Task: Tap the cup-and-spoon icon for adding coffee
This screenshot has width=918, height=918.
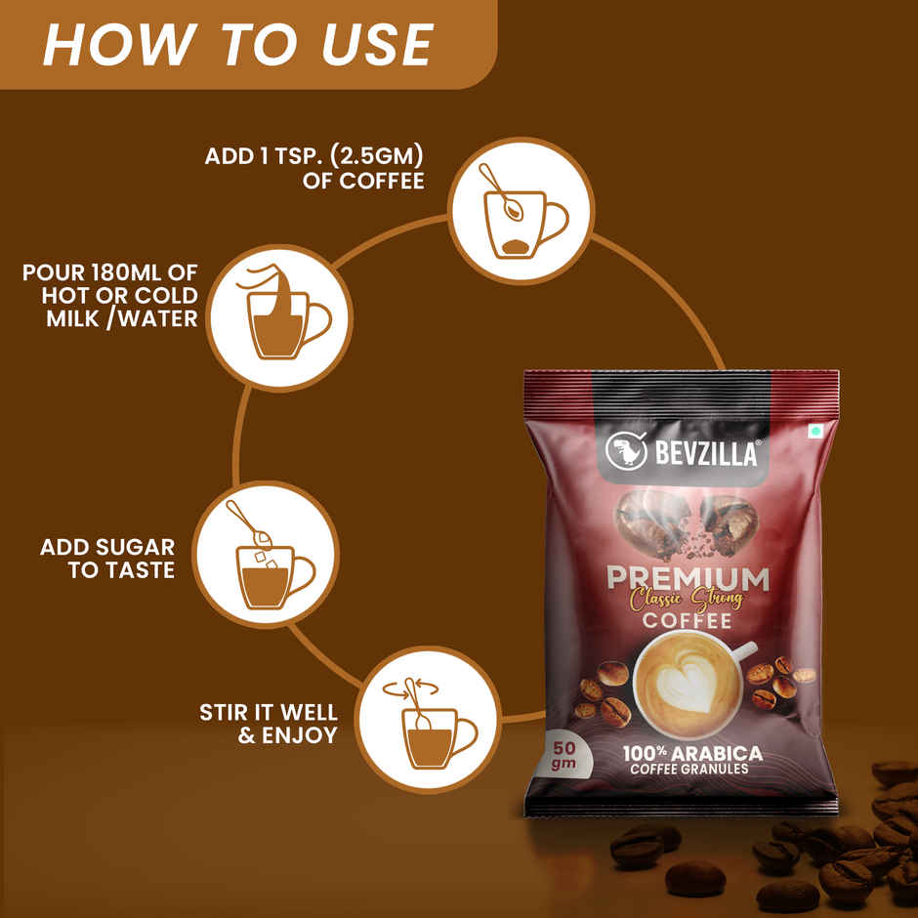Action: [521, 211]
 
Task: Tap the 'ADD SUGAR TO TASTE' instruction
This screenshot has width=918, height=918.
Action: [107, 559]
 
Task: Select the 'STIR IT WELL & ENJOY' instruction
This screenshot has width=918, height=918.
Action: [269, 723]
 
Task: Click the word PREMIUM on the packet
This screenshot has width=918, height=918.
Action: [688, 578]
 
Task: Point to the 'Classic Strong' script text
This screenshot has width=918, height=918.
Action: [687, 599]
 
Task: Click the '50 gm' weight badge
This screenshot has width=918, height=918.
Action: [563, 754]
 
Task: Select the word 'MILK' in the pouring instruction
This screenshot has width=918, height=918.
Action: [68, 318]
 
